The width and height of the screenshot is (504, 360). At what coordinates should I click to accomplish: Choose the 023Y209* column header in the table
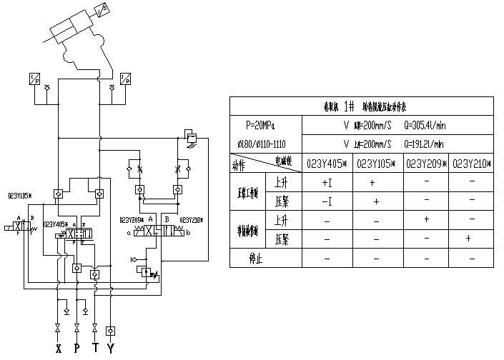click(427, 163)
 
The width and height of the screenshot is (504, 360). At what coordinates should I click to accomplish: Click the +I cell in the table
click(327, 183)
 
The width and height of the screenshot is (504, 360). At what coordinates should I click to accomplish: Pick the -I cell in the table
click(327, 202)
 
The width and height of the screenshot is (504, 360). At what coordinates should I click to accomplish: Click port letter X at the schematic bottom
click(59, 350)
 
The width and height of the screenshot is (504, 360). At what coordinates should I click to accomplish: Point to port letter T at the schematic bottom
click(95, 350)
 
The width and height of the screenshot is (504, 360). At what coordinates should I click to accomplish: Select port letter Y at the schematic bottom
click(111, 350)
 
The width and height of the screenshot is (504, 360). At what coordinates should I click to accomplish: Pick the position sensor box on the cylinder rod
click(101, 11)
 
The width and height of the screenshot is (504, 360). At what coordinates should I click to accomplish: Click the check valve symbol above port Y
click(111, 331)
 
